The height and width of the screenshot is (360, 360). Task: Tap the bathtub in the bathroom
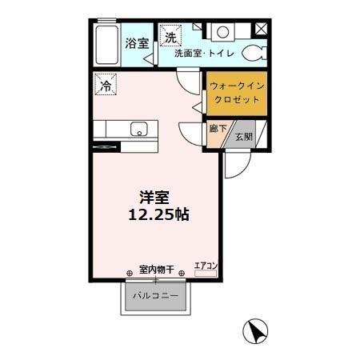click(x=105, y=47)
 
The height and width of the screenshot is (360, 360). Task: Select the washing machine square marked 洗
click(x=170, y=36)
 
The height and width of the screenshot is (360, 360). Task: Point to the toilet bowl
click(x=253, y=52)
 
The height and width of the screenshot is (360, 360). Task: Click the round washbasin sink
click(x=222, y=33)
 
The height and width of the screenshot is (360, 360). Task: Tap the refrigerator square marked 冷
click(x=105, y=83)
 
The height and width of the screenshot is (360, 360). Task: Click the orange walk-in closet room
click(x=236, y=94)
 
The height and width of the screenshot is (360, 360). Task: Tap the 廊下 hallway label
click(x=217, y=129)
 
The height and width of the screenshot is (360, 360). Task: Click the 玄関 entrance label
click(x=243, y=138)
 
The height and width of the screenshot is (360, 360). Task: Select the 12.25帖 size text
click(x=158, y=215)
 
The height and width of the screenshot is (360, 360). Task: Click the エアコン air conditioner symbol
click(x=206, y=269)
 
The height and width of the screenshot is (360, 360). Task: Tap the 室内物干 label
click(x=156, y=269)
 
